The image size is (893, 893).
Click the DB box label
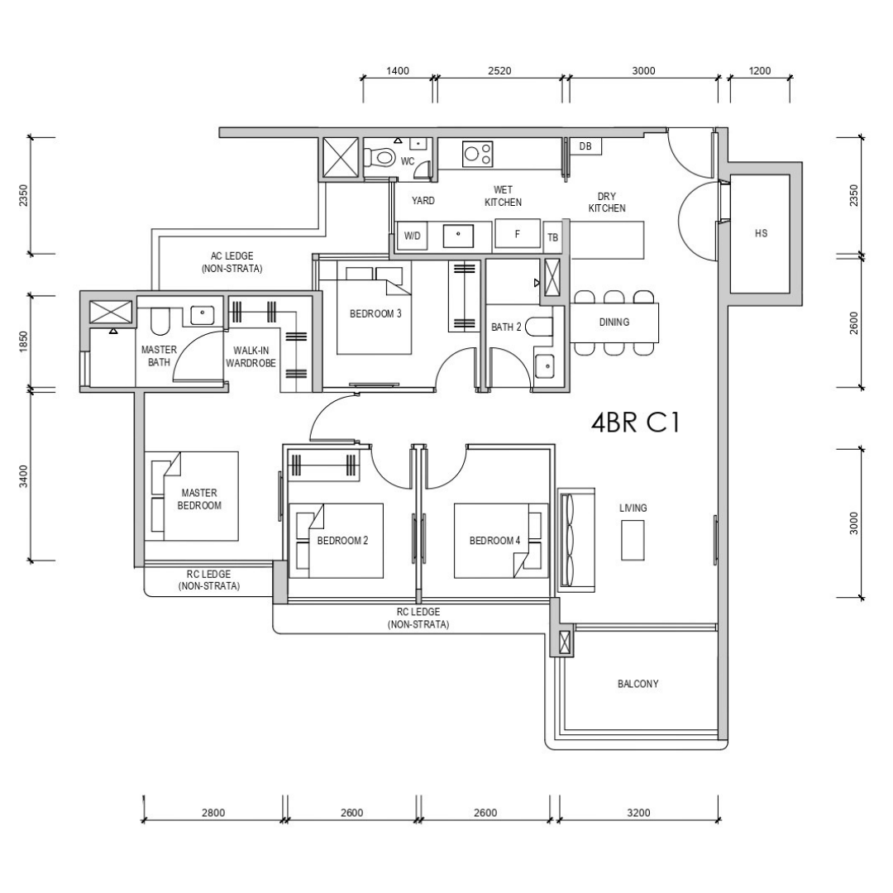click(585, 146)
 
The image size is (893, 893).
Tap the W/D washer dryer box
click(413, 235)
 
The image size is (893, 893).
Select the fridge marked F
click(517, 233)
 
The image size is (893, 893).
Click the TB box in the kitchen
click(553, 237)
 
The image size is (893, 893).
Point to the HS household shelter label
click(761, 233)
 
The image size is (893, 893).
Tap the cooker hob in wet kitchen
click(478, 154)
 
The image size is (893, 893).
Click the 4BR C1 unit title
click(636, 423)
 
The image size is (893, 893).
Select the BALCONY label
click(638, 684)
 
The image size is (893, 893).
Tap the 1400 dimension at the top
click(398, 71)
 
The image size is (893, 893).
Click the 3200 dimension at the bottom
click(638, 813)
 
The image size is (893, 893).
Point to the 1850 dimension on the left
click(23, 341)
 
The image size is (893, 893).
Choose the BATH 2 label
click(506, 327)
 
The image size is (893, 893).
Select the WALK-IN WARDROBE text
click(251, 356)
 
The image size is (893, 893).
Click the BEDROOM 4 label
click(495, 541)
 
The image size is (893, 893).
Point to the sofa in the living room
click(575, 540)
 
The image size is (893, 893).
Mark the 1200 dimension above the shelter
click(760, 71)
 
